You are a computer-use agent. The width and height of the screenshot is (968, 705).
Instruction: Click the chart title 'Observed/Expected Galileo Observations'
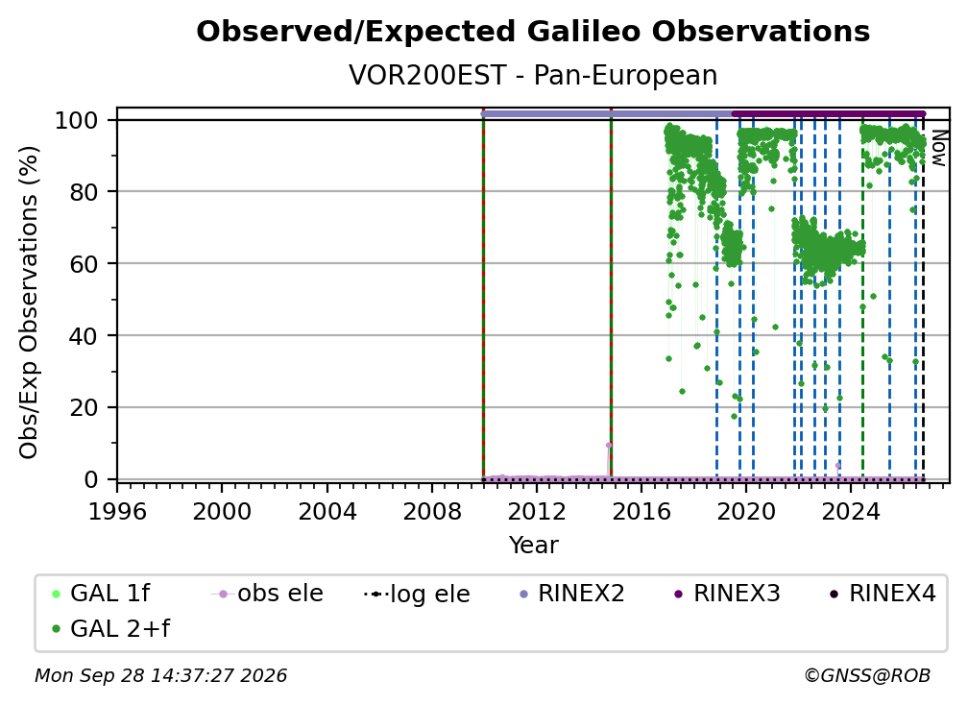[x=533, y=32]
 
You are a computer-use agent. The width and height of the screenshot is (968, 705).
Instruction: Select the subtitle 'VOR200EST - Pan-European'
[x=533, y=75]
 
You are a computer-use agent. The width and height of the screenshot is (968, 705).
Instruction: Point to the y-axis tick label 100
[x=77, y=120]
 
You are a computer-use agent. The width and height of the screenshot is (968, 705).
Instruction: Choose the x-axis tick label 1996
[x=117, y=511]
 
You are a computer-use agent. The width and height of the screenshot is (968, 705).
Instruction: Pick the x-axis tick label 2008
[x=432, y=511]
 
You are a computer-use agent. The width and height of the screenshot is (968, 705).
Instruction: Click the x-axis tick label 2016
[x=641, y=511]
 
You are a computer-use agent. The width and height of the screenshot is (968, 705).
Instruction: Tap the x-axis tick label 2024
[x=851, y=511]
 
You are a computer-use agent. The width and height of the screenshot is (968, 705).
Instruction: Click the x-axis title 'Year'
[x=533, y=546]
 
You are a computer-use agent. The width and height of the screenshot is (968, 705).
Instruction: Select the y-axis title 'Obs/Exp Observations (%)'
[x=29, y=302]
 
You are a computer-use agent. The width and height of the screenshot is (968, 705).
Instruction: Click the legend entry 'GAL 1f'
[x=102, y=594]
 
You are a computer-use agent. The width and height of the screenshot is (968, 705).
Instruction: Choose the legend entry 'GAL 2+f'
[x=111, y=629]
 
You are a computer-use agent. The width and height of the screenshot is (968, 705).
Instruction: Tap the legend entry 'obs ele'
[x=267, y=594]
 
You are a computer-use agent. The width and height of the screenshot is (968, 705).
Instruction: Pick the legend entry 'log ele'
[x=418, y=595]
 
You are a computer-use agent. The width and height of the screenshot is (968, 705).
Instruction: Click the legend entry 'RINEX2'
[x=572, y=594]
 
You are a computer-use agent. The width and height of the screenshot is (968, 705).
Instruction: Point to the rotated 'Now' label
[x=938, y=148]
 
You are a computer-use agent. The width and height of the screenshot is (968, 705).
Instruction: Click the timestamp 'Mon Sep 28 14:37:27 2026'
[x=161, y=676]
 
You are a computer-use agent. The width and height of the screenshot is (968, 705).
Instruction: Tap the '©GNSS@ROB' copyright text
[x=867, y=676]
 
